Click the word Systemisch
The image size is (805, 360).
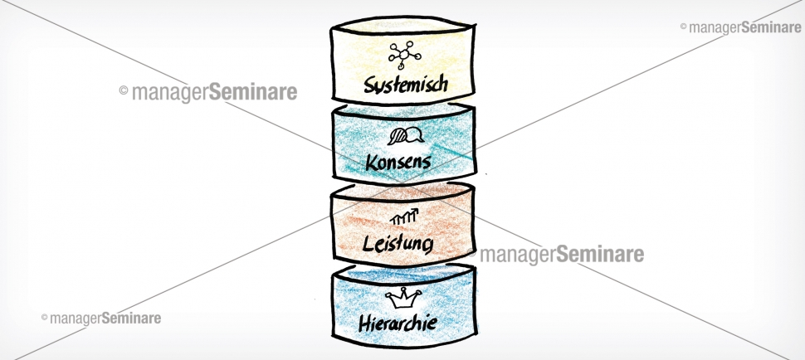coord(406,84)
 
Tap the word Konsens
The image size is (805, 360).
coord(398,161)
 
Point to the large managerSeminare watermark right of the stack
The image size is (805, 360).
coord(562,254)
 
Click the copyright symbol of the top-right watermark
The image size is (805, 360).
coord(684,27)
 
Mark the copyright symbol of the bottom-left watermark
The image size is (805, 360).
coord(44,318)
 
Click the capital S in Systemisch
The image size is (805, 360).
coord(369,84)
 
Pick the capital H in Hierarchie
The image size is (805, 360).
coord(364,322)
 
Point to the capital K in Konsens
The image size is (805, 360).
coord(370,161)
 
